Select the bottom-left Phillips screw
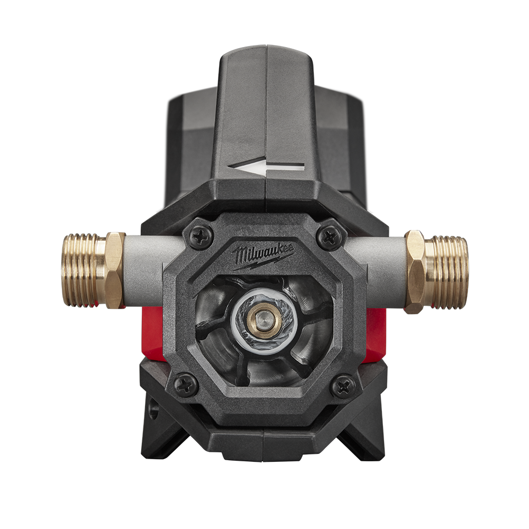point(185,384)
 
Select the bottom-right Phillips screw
point(342,386)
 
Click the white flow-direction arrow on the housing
point(266,165)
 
